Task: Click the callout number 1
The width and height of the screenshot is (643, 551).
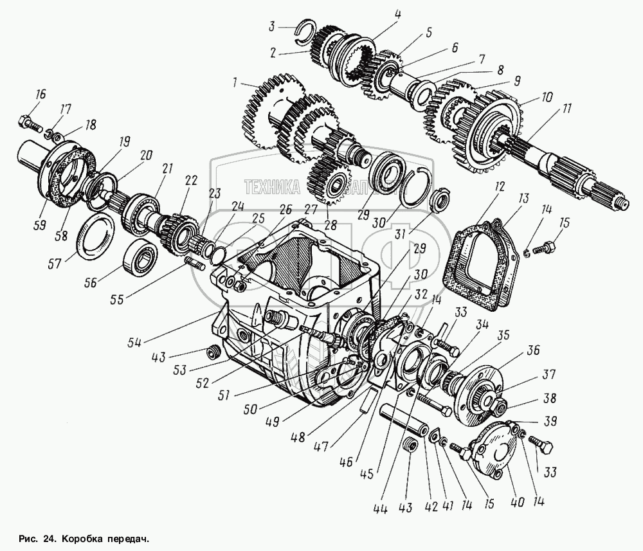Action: click(x=235, y=82)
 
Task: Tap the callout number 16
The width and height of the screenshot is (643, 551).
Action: click(x=41, y=95)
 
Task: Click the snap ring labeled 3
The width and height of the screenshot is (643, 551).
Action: click(x=307, y=29)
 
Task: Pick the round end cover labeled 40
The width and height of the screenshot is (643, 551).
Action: click(x=492, y=456)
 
